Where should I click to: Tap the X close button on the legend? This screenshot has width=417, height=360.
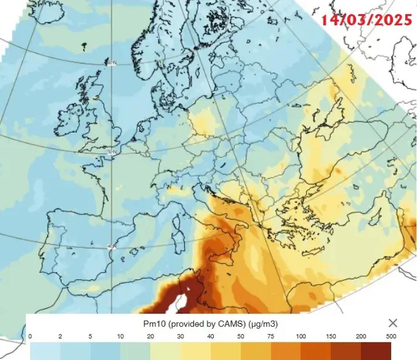click(x=393, y=323)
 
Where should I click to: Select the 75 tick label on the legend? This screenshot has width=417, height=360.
click(x=270, y=337)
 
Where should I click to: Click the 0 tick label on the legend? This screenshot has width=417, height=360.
click(x=30, y=337)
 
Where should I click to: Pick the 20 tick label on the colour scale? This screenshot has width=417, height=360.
click(x=150, y=337)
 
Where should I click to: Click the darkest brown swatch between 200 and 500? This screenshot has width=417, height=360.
click(x=376, y=350)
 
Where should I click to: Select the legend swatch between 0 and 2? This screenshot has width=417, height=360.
click(x=45, y=350)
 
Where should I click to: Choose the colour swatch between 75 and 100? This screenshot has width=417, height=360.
click(x=286, y=350)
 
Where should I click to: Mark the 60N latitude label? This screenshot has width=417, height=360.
click(x=112, y=63)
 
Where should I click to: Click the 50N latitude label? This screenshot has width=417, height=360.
click(x=112, y=152)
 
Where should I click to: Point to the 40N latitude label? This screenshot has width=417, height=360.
click(x=112, y=246)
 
